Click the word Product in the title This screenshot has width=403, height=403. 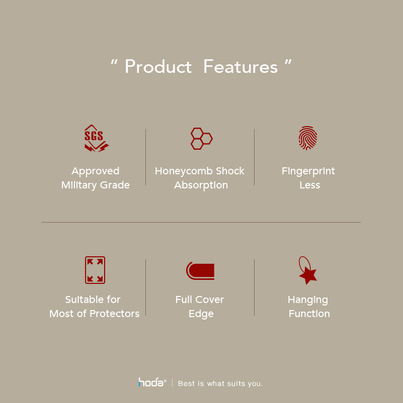tap(158, 66)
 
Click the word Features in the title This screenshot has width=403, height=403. tap(240, 66)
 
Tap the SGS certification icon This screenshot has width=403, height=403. tap(96, 138)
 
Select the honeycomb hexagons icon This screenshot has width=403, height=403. tap(201, 139)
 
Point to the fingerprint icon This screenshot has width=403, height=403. tap(308, 138)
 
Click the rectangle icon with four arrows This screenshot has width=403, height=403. tap(95, 270)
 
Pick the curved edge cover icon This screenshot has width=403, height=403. tap(200, 271)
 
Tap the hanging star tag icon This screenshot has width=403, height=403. tap(307, 270)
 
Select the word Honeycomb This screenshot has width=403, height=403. tap(184, 171)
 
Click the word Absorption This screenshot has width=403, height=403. tap(201, 185)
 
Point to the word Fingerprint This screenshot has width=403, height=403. tap(308, 171)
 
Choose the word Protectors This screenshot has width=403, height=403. tap(115, 314)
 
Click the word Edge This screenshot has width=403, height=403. tap(201, 314)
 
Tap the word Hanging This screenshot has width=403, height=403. tap(308, 300)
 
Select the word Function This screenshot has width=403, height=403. tap(309, 314)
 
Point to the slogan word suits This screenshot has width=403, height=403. tap(236, 383)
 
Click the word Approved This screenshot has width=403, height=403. tap(96, 171)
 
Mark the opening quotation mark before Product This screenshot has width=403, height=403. tap(114, 62)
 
